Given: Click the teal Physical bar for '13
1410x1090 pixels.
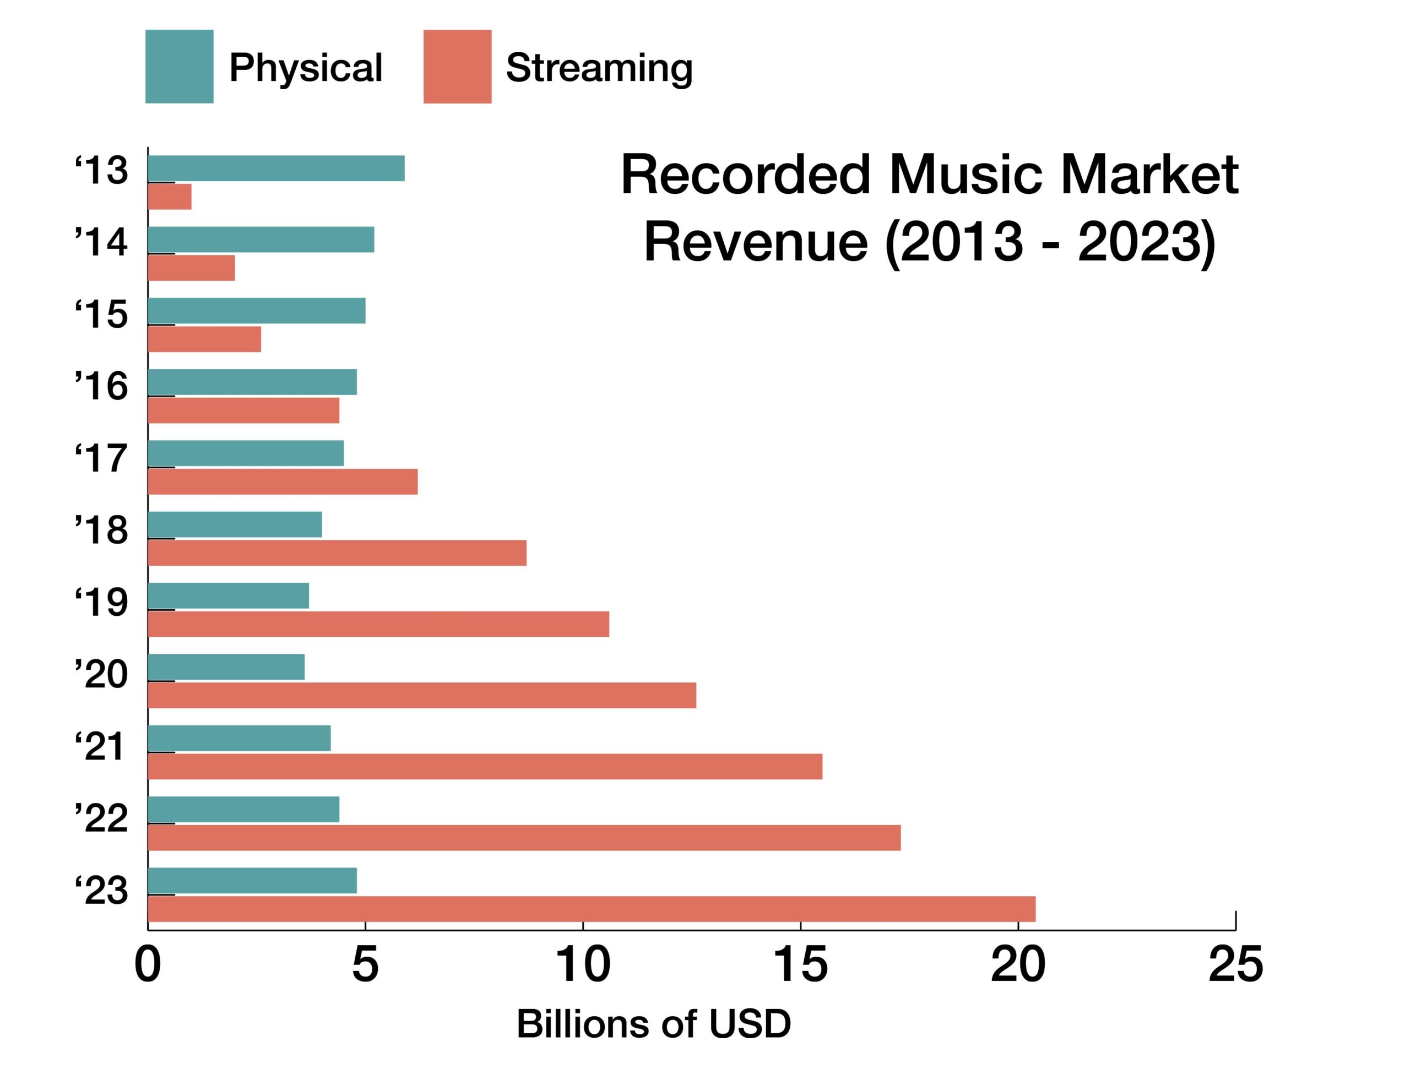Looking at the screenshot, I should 276,169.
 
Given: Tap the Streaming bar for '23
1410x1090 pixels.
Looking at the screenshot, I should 592,909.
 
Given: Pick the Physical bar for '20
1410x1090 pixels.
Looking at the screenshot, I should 226,667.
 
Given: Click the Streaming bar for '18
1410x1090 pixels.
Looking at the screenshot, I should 337,553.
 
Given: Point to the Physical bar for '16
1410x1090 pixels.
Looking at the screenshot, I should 252,382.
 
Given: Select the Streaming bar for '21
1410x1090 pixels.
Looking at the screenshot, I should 485,767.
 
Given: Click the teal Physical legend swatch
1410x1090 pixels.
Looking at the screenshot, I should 180,67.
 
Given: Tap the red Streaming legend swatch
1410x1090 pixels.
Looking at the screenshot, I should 457,67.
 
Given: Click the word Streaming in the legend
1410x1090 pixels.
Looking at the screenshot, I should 599,68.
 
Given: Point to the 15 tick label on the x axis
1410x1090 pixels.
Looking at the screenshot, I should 800,966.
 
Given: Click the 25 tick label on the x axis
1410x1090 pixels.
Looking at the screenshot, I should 1235,966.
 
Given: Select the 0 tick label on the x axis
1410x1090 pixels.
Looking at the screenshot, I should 147,966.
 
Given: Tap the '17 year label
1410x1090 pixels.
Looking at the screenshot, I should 101,458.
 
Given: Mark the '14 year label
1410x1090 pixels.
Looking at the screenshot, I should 101,243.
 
